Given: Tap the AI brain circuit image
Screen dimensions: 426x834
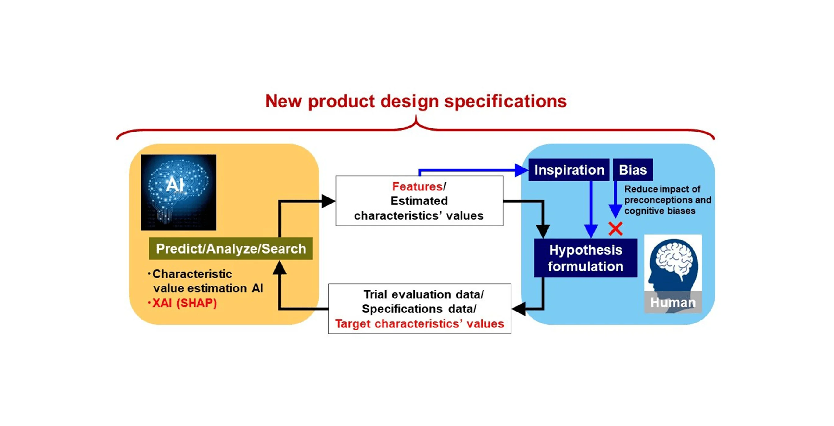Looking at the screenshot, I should [x=178, y=192].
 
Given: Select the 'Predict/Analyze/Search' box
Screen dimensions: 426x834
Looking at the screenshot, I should [x=230, y=249].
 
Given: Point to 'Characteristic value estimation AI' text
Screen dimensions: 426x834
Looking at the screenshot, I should [x=207, y=281].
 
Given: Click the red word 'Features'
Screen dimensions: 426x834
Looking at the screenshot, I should [x=417, y=186].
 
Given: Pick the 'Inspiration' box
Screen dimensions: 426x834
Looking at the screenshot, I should [x=569, y=170].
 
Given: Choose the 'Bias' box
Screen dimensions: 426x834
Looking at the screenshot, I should [x=633, y=170].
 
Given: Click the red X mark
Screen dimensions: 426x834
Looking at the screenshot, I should [x=615, y=229].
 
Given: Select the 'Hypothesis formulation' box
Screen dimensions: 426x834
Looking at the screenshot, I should [x=585, y=258].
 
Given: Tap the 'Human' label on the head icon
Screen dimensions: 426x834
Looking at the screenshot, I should [x=673, y=302].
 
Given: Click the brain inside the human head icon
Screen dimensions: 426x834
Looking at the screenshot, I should [x=674, y=259].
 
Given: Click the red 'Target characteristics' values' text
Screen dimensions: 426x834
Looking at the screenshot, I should [x=419, y=323].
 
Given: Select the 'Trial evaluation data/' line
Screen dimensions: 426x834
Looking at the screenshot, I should [x=423, y=294].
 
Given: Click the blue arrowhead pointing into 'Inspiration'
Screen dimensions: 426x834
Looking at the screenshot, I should [x=521, y=170].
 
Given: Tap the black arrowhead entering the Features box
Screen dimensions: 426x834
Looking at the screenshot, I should [x=328, y=201].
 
